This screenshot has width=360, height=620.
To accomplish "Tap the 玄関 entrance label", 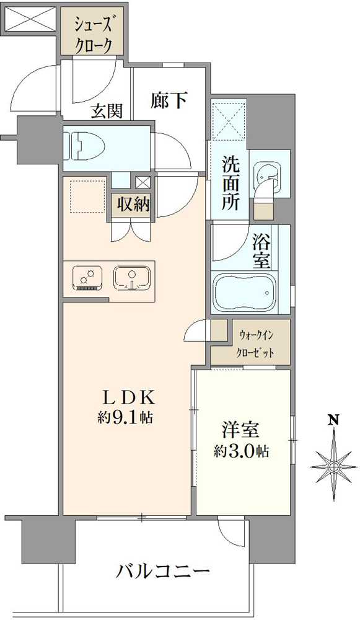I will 107,111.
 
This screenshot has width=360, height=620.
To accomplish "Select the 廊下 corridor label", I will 169,100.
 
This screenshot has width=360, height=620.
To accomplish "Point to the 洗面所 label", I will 232,184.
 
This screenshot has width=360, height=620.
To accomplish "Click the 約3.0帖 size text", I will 243,451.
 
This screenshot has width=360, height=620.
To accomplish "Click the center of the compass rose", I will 333,464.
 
